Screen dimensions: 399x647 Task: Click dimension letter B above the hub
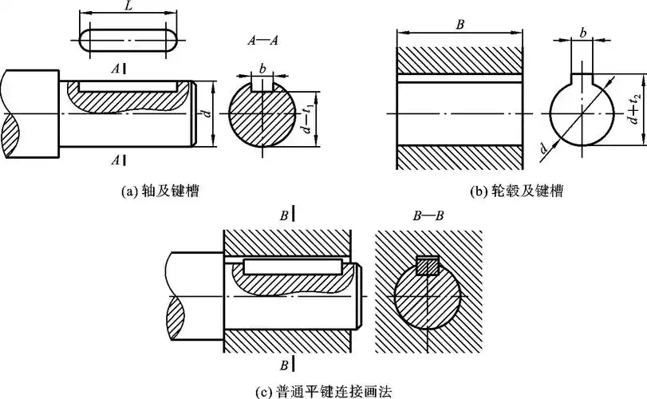(460, 25)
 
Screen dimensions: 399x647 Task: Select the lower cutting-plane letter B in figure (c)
(283, 365)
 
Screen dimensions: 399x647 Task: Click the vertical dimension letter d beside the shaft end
(207, 114)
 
